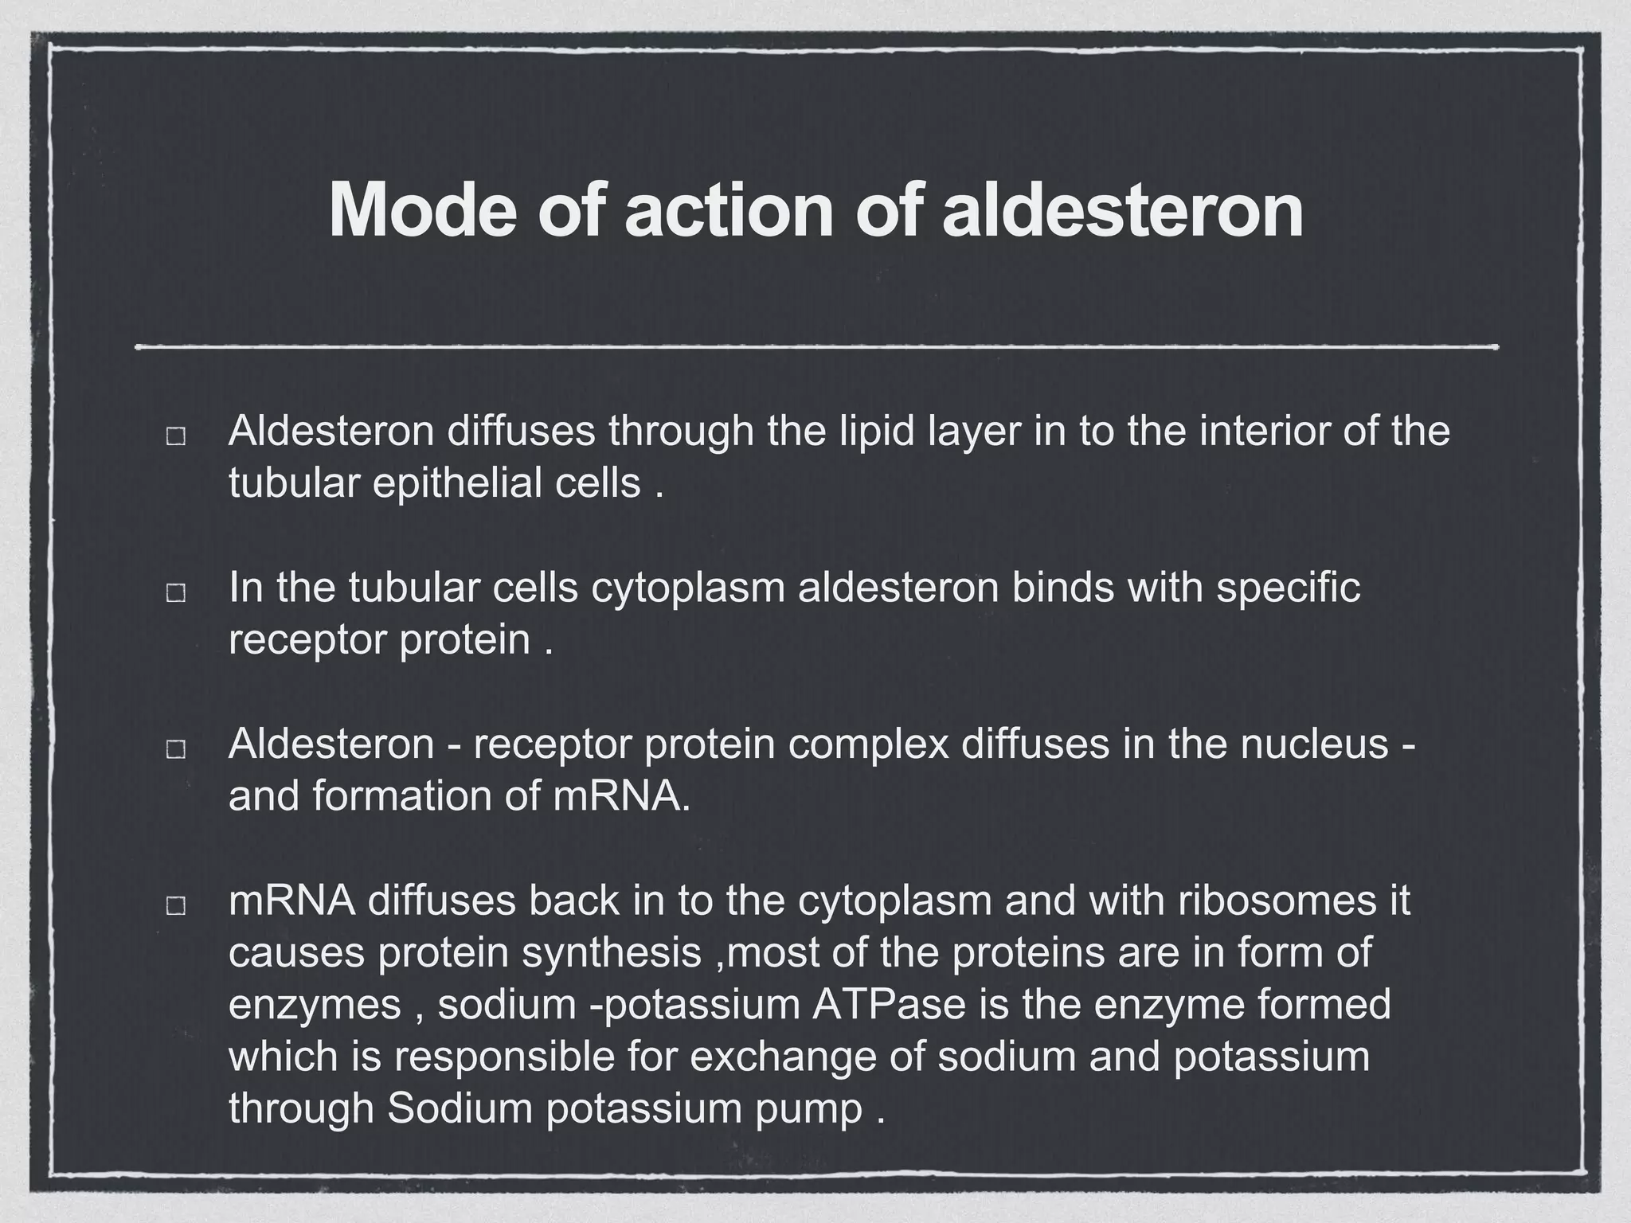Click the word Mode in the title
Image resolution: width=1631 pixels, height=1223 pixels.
[422, 209]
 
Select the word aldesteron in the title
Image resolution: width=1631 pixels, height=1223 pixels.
[1122, 209]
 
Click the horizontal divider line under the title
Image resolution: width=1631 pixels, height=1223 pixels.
[816, 347]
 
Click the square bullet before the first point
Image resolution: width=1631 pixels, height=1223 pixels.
[176, 436]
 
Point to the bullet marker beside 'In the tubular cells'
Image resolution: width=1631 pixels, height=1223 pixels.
[176, 592]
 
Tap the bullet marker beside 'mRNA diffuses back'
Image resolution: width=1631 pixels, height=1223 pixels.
[176, 905]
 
